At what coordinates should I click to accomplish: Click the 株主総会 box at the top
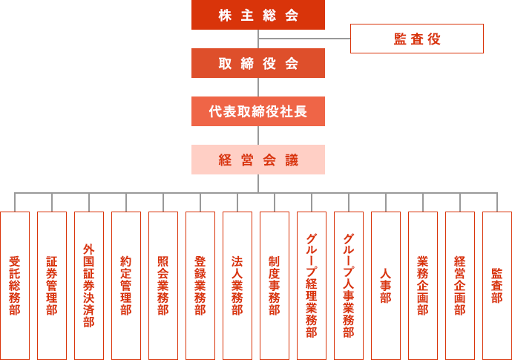258,15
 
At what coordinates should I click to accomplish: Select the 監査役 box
417,39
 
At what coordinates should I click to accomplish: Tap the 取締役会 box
258,63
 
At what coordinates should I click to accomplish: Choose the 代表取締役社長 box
258,111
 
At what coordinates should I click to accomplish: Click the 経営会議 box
258,160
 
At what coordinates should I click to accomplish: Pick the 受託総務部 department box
15,286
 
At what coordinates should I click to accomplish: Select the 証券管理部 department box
52,286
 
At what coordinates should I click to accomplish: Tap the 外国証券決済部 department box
89,286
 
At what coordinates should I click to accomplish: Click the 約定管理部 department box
126,286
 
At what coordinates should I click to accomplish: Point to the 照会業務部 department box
163,286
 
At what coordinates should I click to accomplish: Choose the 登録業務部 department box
200,286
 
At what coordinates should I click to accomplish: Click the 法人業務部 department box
237,286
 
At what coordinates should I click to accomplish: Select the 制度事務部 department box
275,286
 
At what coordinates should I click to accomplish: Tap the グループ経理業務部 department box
312,286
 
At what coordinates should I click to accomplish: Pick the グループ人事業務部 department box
349,286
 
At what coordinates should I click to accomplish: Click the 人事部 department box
386,286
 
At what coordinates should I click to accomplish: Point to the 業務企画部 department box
423,286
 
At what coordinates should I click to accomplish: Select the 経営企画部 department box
460,286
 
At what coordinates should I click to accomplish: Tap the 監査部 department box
496,286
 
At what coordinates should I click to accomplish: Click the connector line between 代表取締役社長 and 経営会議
258,135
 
